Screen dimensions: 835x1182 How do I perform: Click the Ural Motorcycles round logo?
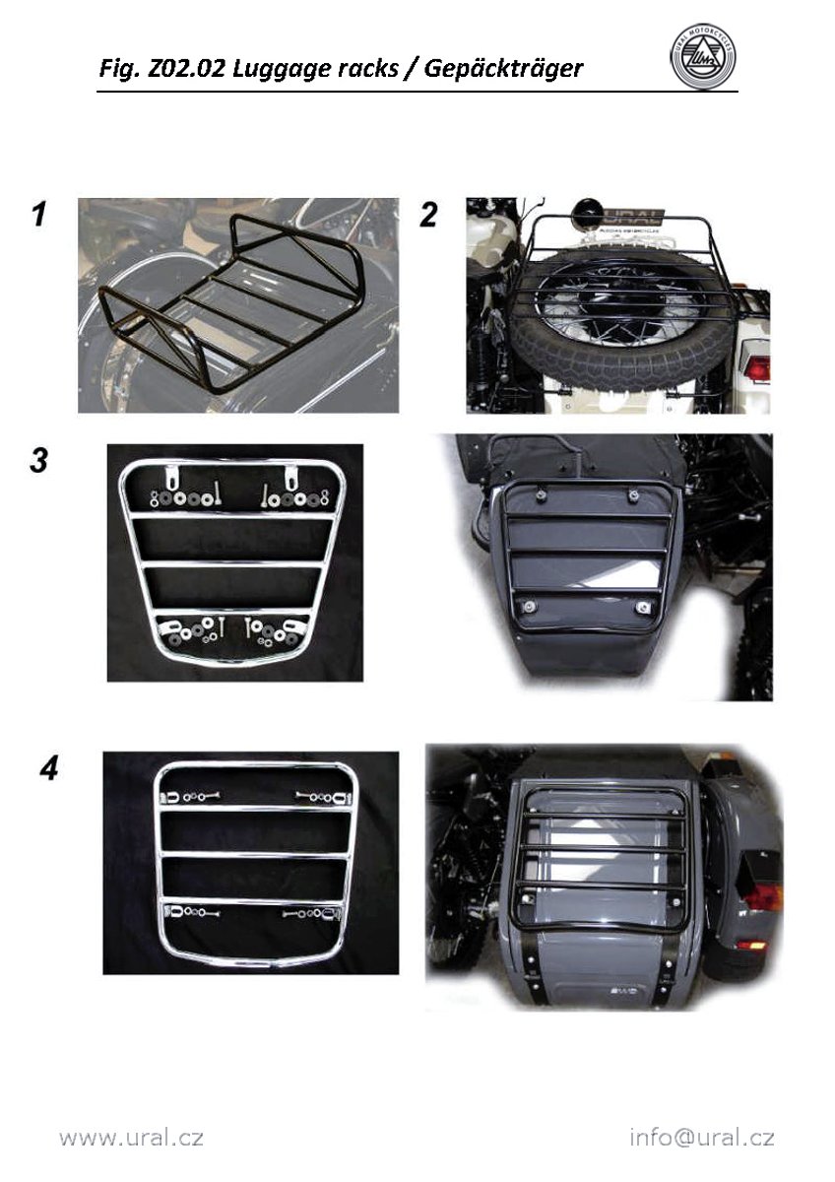coord(703,56)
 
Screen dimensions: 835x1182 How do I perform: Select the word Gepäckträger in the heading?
coord(503,69)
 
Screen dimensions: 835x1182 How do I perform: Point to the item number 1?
coord(39,215)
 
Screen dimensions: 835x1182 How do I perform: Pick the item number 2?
coord(427,216)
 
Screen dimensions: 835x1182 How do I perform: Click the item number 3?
coord(38,460)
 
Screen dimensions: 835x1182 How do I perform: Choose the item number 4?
coord(48,768)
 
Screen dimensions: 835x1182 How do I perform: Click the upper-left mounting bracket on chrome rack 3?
coord(171,477)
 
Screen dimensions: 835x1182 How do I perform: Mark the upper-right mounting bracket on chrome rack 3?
coord(290,477)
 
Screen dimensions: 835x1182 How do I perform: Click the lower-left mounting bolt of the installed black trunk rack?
coord(529,607)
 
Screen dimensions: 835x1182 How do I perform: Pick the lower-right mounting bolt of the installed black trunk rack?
coord(642,608)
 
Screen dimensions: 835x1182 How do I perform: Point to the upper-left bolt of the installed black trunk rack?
coord(541,494)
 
